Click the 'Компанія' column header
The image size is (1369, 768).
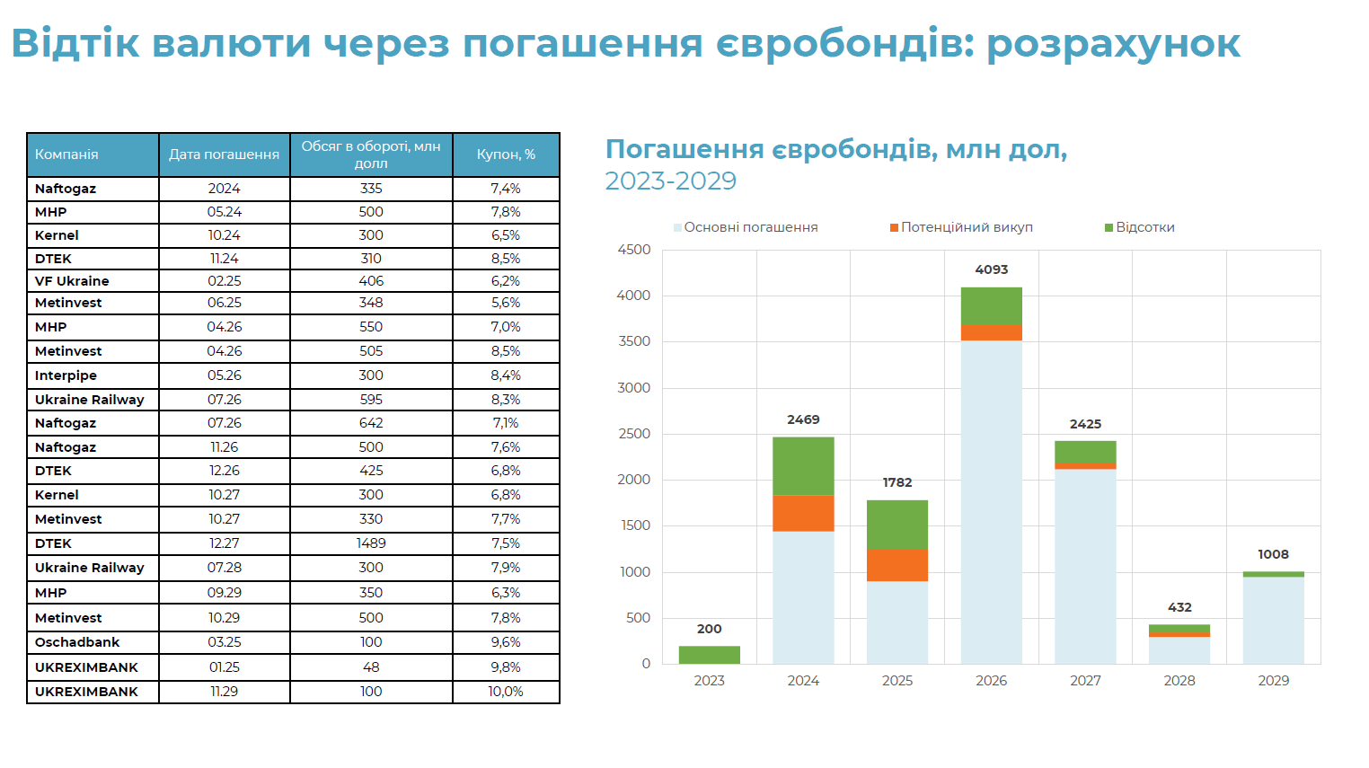point(66,154)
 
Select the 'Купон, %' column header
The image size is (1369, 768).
point(506,154)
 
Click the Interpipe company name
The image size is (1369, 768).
point(66,375)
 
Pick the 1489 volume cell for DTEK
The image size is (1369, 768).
point(371,543)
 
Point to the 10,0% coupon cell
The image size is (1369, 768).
point(506,692)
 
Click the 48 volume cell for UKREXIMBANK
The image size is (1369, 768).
point(371,667)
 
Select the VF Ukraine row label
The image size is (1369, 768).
point(72,281)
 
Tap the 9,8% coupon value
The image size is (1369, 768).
point(506,667)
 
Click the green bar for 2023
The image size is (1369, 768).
point(709,655)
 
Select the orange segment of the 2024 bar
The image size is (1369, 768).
point(803,513)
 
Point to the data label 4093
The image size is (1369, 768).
point(991,269)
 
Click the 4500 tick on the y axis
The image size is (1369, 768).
point(633,250)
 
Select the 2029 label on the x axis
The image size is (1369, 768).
point(1273,681)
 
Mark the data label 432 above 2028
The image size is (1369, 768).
point(1179,607)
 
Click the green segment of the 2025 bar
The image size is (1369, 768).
point(896,525)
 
